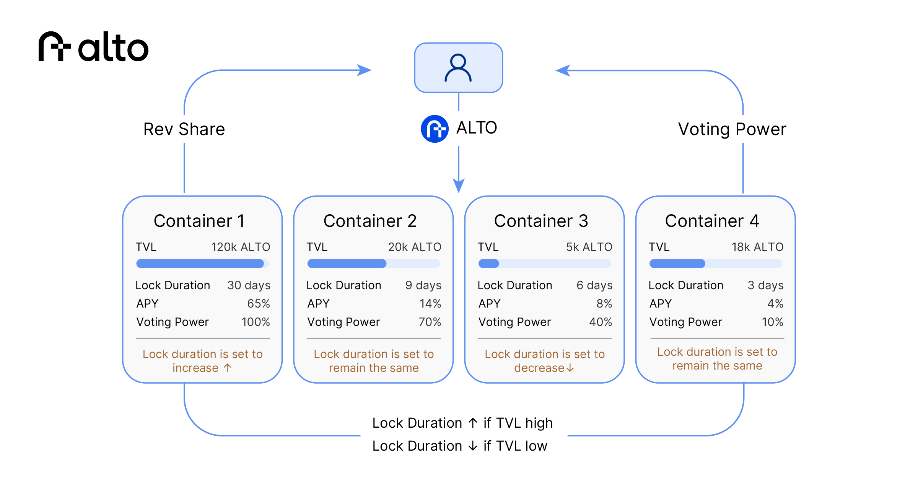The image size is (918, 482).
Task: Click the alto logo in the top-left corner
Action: [93, 47]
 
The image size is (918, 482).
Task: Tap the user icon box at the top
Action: [458, 68]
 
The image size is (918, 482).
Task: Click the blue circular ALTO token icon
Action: [435, 129]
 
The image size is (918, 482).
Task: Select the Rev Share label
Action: [184, 129]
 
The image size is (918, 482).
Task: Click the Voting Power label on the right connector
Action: [732, 129]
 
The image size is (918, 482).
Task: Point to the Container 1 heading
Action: [199, 221]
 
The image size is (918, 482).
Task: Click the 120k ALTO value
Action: [241, 247]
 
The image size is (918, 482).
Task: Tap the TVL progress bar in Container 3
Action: [544, 264]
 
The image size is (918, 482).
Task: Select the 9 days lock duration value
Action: [423, 285]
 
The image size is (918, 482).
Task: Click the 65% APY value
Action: [259, 304]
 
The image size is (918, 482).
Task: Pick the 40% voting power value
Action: [601, 322]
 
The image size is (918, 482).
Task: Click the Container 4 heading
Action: [712, 221]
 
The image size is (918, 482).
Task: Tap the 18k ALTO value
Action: [757, 247]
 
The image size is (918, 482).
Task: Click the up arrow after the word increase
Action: [228, 368]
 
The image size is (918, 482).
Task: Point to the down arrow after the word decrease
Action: [570, 368]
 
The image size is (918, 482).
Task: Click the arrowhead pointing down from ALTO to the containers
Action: [459, 186]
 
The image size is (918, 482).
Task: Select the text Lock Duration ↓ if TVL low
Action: [460, 446]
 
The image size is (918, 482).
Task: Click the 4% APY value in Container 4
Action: [775, 304]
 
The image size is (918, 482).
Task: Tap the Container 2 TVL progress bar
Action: [373, 264]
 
